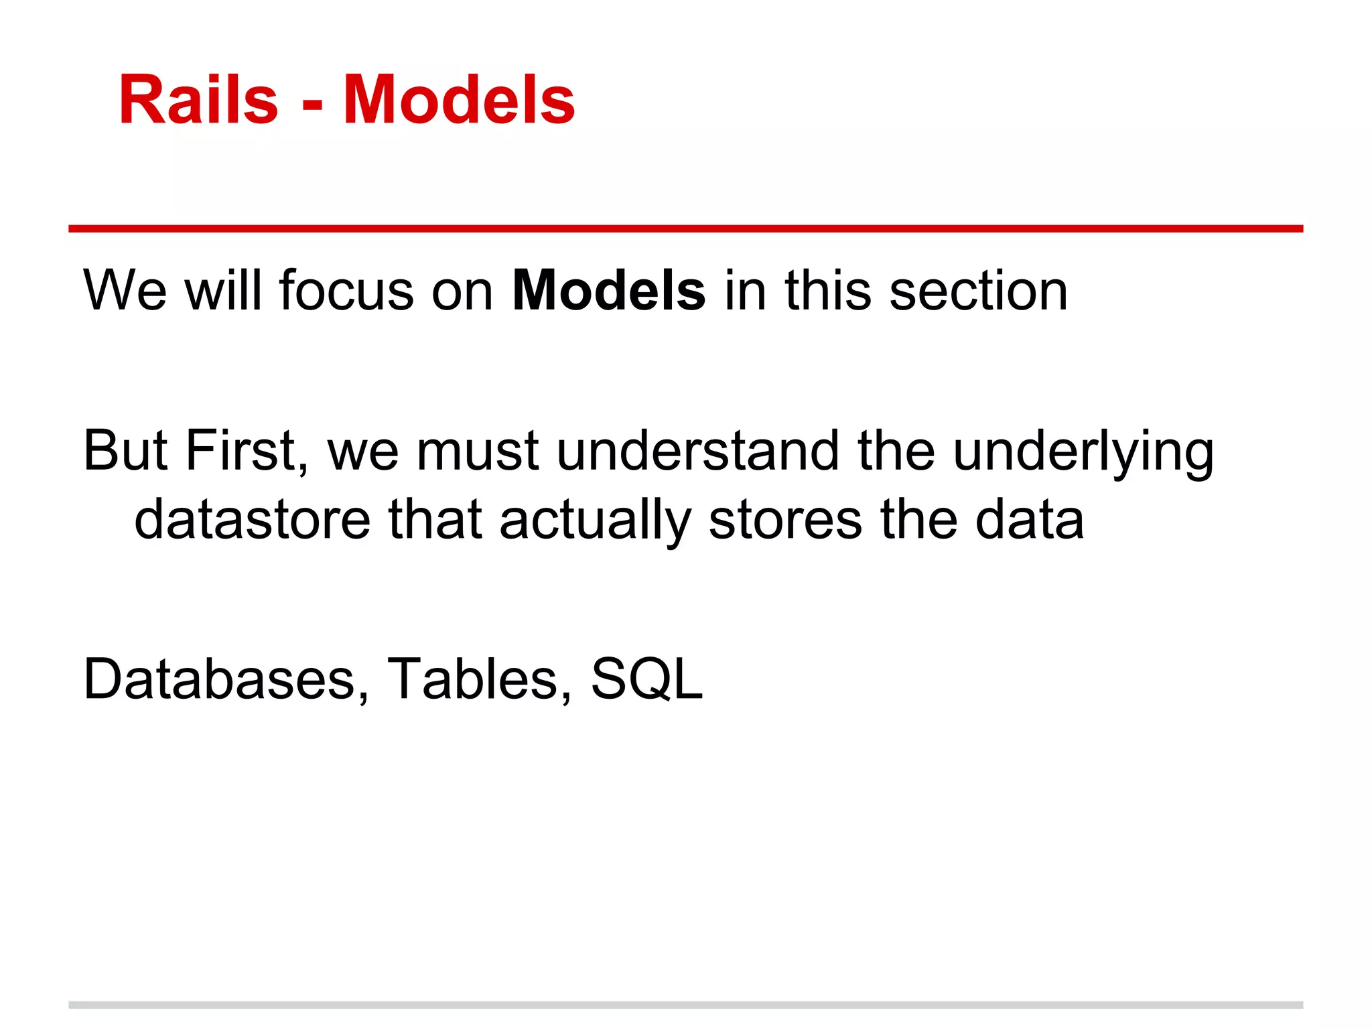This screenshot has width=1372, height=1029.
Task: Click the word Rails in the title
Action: [198, 100]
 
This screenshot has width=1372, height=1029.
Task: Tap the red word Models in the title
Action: [459, 100]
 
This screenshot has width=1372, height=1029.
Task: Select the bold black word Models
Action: [608, 291]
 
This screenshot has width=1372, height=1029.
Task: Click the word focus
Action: [346, 291]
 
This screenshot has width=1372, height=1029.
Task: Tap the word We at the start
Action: [125, 291]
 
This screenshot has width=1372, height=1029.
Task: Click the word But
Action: [125, 451]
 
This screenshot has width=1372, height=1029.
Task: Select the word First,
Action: [247, 451]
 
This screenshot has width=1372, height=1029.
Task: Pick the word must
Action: [477, 451]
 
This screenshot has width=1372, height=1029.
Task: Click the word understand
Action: [697, 451]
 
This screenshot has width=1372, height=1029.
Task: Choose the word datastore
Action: [252, 520]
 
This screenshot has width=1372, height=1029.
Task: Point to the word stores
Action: [785, 520]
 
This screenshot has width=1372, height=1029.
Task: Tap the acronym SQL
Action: [647, 679]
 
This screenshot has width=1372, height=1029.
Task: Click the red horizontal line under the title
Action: [685, 229]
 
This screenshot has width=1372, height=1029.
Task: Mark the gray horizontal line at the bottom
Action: [685, 1005]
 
